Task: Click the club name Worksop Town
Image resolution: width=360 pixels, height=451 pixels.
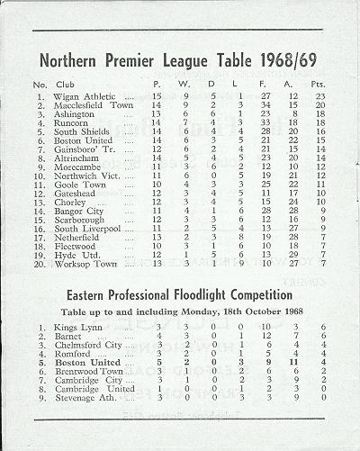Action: tap(85, 264)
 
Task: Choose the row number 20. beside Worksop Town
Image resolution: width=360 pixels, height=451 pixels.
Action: tap(38, 264)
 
